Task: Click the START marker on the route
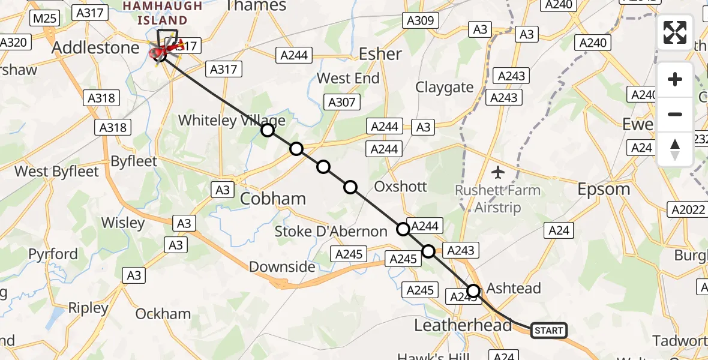tap(548, 331)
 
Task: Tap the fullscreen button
tap(675, 32)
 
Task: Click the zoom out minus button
tap(675, 114)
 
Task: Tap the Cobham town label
tap(273, 199)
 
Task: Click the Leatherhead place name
tap(464, 325)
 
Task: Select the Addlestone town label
tap(96, 48)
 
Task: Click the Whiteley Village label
tap(232, 121)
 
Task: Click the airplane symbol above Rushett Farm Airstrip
tap(497, 173)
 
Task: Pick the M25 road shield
tap(44, 18)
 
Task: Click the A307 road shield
tap(342, 102)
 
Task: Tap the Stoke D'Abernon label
tap(331, 232)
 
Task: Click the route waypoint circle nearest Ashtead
tap(473, 292)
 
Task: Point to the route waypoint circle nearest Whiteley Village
tap(268, 130)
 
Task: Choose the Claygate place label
tap(445, 88)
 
